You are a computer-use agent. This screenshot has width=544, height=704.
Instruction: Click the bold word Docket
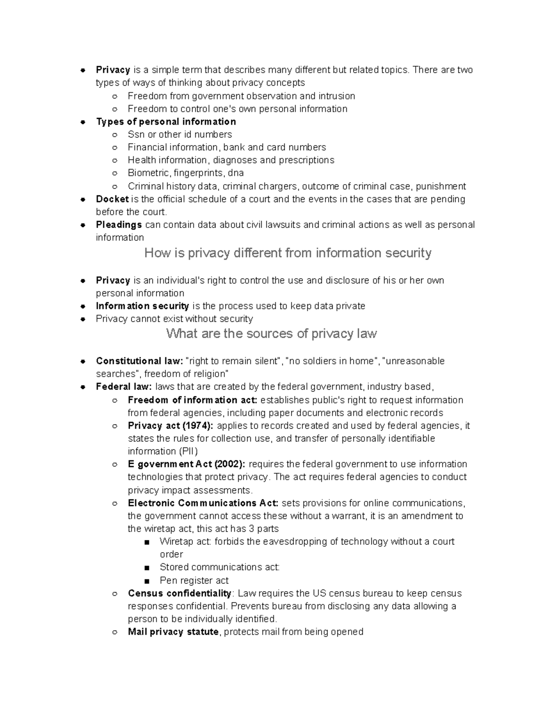(112, 199)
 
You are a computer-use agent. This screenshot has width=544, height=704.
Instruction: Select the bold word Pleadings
(119, 225)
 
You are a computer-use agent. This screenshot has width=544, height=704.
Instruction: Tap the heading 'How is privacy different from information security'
(287, 253)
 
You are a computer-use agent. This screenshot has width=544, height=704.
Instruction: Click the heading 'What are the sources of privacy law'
(272, 334)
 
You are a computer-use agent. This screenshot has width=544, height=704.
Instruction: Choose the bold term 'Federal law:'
(123, 387)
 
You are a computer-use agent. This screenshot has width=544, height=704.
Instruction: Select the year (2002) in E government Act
(229, 464)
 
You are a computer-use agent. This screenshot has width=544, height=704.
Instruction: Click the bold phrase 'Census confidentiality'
(180, 593)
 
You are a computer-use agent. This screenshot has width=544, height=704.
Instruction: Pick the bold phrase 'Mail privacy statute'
(173, 632)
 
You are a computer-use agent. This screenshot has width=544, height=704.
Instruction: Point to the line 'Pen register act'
(194, 580)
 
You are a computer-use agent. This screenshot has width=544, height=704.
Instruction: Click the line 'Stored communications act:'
(220, 567)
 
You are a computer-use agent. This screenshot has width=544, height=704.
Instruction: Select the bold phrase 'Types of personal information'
(166, 121)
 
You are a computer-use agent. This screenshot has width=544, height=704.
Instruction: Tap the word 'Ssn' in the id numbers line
(136, 134)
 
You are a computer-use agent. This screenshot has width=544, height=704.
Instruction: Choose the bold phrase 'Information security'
(142, 306)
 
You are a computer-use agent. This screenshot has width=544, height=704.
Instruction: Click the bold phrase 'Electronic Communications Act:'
(204, 503)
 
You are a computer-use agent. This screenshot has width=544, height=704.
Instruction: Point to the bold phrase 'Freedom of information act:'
(193, 400)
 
